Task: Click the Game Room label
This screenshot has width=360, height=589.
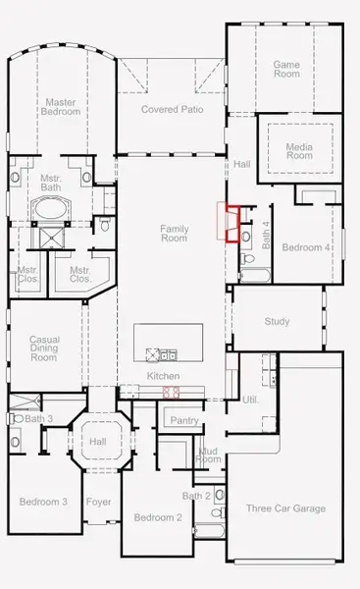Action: tap(285, 69)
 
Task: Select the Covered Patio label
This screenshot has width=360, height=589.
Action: tap(172, 109)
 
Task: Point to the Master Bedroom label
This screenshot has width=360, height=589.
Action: tap(61, 107)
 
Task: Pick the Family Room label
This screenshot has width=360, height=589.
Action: tap(174, 233)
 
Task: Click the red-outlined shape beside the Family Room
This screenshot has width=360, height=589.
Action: tap(231, 222)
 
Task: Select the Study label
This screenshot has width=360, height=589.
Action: tap(278, 321)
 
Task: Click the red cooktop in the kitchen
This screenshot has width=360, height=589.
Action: tap(171, 392)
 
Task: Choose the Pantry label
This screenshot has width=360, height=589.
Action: tap(184, 421)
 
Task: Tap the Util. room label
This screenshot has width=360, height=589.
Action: tap(250, 401)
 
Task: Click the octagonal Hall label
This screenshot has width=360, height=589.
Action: tap(98, 442)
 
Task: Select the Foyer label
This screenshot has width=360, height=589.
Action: tap(99, 502)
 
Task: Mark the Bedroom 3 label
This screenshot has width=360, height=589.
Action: tap(43, 502)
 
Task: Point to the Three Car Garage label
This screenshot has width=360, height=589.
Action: tap(285, 509)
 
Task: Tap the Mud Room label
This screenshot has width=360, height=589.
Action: tap(208, 455)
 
